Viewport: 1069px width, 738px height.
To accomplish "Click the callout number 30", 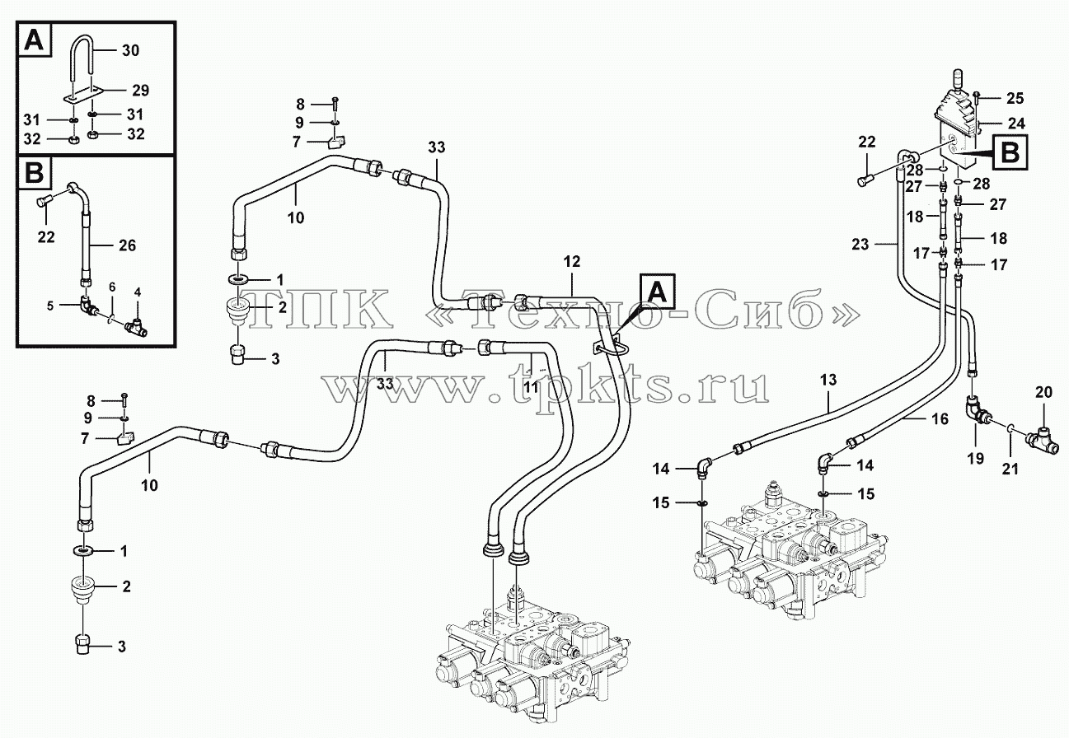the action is coord(130,50).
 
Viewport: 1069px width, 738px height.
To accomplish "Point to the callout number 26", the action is coord(127,245).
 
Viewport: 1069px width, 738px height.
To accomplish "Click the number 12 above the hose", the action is coord(572,261).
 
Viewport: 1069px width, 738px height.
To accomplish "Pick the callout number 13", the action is coord(828,380).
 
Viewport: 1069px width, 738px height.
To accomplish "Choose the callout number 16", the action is coord(940,419).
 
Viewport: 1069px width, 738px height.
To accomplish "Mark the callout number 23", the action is coord(860,245).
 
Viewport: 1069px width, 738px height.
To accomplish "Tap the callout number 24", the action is coord(1015,124).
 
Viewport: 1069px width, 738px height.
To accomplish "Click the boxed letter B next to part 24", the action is coord(1010,152).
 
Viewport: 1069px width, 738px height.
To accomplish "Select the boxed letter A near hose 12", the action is coord(657,292).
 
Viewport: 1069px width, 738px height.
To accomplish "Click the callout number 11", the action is coord(530,386).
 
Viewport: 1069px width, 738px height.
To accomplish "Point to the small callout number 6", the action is coord(111,287).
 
